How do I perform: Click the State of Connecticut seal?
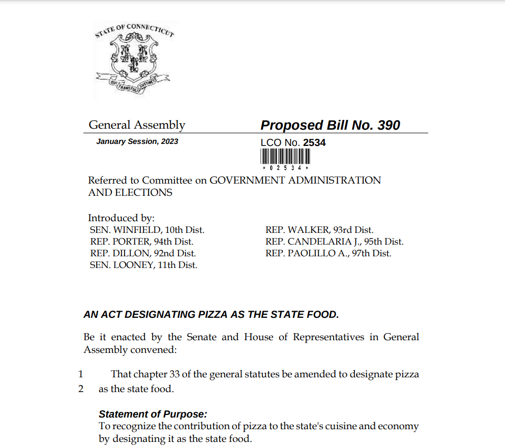point(134,59)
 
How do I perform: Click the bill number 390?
point(389,125)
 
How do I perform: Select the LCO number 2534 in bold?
point(314,142)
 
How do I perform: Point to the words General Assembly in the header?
point(137,125)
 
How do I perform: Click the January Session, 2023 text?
point(137,141)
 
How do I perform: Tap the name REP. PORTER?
point(120,242)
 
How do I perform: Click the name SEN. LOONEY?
point(120,264)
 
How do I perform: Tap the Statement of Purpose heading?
point(153,414)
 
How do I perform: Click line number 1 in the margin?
point(80,374)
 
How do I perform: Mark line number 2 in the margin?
point(80,390)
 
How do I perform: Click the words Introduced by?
point(122,218)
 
